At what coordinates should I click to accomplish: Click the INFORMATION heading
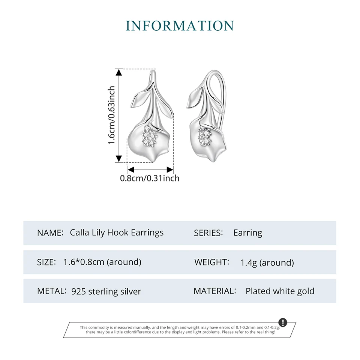(180, 26)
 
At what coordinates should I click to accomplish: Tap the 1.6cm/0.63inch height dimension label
(111, 115)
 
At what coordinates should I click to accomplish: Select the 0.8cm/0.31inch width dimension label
(150, 178)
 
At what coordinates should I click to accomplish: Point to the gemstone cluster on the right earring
(205, 136)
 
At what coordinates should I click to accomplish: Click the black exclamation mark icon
(283, 322)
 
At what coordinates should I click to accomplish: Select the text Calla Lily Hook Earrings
(117, 232)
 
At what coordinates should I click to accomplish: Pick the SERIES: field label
(208, 233)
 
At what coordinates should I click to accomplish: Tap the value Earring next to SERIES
(247, 233)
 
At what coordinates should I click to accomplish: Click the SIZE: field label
(46, 262)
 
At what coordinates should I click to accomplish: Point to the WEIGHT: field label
(211, 262)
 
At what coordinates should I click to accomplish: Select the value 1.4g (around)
(267, 262)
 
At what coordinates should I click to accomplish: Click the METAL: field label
(52, 291)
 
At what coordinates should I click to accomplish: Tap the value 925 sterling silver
(106, 291)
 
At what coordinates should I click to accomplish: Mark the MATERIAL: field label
(215, 291)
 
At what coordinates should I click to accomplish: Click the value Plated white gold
(280, 291)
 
